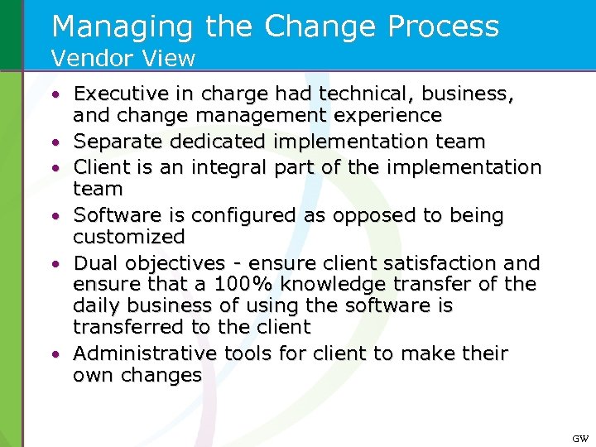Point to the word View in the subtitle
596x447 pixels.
tap(171, 58)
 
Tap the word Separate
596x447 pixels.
tap(117, 142)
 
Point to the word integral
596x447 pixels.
tap(227, 167)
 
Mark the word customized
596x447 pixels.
tap(129, 237)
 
